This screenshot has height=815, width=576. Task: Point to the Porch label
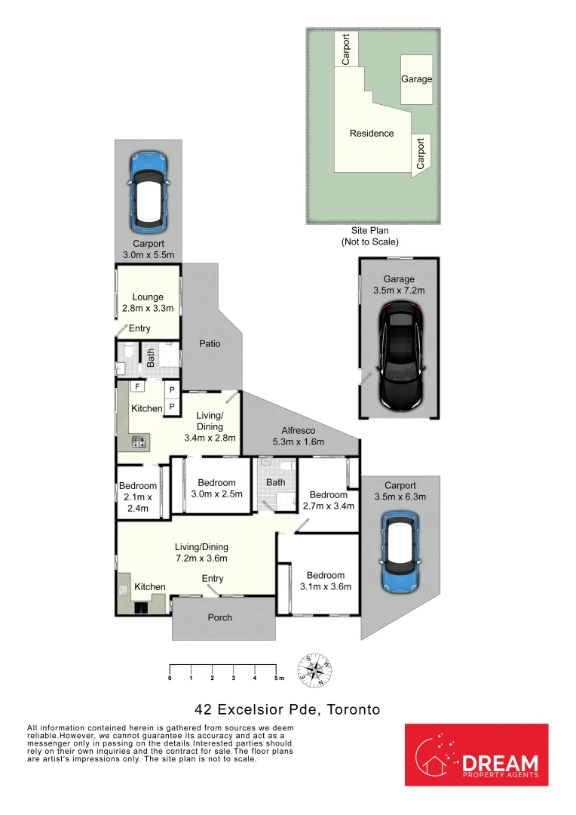[219, 617]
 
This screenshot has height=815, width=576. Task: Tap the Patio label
[210, 343]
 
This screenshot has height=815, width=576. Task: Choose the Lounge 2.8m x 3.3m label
[148, 303]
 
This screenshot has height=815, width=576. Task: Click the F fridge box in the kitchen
[137, 386]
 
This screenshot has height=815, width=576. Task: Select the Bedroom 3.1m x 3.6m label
[326, 580]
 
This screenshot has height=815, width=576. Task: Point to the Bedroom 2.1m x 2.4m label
[137, 497]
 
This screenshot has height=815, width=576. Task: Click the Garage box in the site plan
[416, 79]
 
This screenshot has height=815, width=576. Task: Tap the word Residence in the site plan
[372, 134]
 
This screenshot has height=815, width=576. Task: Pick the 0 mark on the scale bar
[170, 678]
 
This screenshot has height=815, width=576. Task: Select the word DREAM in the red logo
[500, 763]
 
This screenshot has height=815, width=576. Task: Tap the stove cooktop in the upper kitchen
[139, 442]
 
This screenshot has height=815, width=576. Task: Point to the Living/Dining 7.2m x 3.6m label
[201, 552]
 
